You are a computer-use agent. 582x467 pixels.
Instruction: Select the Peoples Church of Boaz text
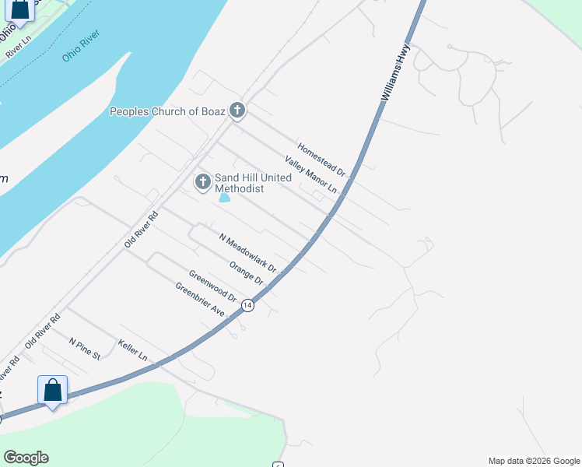167,111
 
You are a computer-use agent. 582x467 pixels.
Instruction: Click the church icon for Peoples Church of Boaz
237,111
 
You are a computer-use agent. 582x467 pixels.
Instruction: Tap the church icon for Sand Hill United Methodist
202,182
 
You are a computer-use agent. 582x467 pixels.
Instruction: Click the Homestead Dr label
321,157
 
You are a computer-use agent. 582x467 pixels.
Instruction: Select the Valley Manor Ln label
310,175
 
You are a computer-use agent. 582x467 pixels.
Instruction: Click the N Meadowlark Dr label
247,253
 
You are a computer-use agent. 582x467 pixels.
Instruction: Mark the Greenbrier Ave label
200,300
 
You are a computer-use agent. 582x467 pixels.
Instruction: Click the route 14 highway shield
247,305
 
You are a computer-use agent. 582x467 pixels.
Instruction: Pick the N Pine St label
85,349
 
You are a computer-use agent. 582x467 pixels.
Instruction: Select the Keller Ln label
132,349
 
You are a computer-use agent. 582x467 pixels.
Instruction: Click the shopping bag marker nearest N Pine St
52,390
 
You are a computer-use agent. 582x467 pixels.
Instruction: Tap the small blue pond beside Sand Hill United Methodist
225,198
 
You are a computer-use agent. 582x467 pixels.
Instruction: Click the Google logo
26,458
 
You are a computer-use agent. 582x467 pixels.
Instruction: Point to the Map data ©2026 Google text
533,461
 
